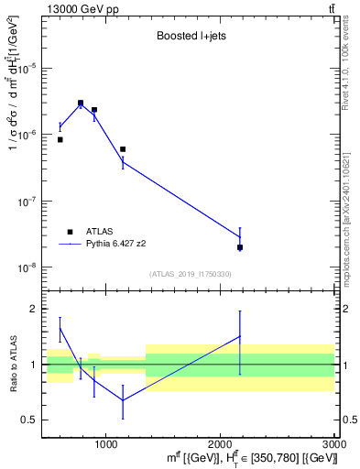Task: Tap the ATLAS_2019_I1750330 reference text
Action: tap(191, 274)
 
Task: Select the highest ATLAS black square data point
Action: tap(81, 103)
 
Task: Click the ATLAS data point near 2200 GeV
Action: tap(240, 247)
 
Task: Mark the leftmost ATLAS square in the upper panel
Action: tap(60, 139)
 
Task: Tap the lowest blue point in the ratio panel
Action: tap(123, 399)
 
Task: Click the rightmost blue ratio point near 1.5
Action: tap(240, 336)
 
